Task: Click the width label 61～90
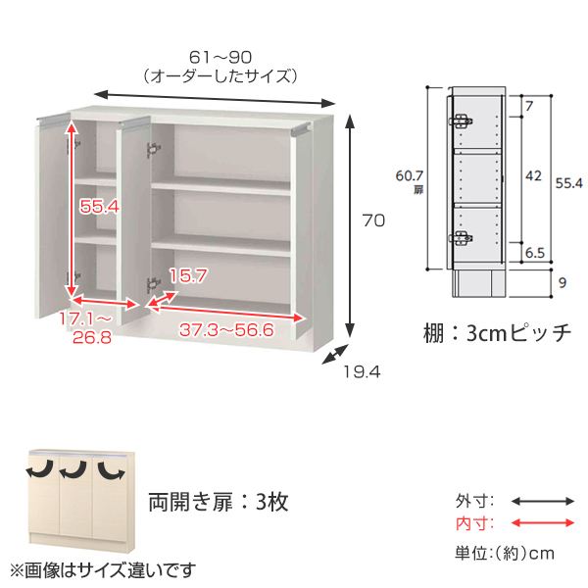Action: [x=220, y=58]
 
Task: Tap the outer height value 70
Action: [x=373, y=220]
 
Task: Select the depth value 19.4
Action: [x=362, y=372]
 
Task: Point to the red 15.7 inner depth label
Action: [x=188, y=276]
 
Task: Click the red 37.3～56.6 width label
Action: [x=226, y=330]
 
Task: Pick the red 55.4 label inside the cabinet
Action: [x=99, y=206]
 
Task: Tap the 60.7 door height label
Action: [x=409, y=175]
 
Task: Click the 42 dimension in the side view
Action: [x=533, y=175]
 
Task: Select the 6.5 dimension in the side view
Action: [x=535, y=253]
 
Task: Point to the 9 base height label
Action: [x=563, y=283]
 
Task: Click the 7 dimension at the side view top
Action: [x=529, y=106]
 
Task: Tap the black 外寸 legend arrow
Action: [x=543, y=501]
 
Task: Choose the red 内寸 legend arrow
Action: [x=543, y=522]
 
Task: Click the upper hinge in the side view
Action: [x=461, y=122]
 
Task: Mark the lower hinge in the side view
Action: [x=461, y=238]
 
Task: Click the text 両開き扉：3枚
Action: [x=219, y=502]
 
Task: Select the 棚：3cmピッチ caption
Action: [x=497, y=332]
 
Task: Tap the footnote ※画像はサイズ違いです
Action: [x=103, y=570]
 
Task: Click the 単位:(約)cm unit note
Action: [x=505, y=553]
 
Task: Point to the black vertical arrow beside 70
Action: [x=350, y=226]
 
